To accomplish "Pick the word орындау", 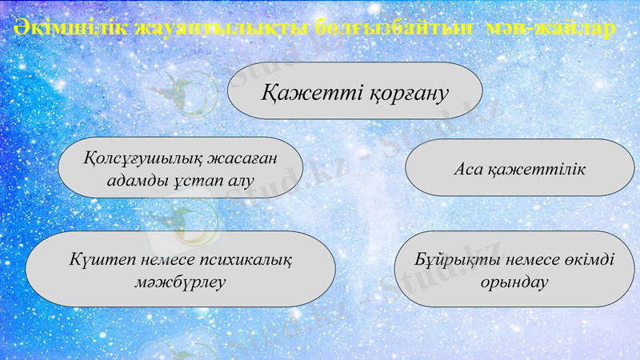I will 514,283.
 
